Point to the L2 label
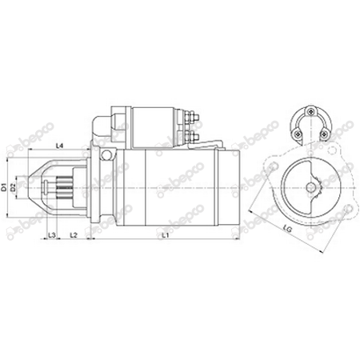click(x=73, y=235)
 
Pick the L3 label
click(x=51, y=235)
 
